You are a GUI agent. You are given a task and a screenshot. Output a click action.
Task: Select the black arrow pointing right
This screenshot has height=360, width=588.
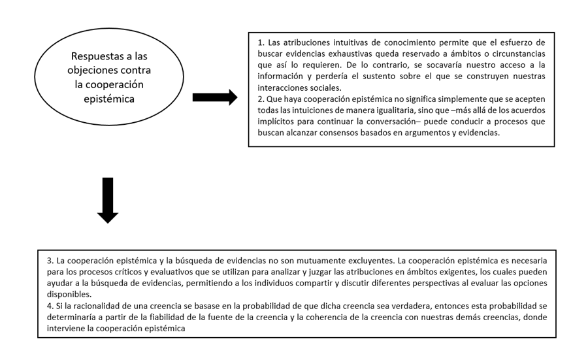point(214,98)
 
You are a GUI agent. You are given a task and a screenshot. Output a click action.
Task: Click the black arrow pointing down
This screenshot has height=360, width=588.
point(107,199)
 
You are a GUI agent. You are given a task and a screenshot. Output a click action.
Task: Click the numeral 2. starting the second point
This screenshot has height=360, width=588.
point(260,99)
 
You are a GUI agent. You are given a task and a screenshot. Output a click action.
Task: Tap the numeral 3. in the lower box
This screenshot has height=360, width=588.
point(50,260)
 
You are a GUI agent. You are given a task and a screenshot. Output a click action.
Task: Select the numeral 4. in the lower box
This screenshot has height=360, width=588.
point(50,306)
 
